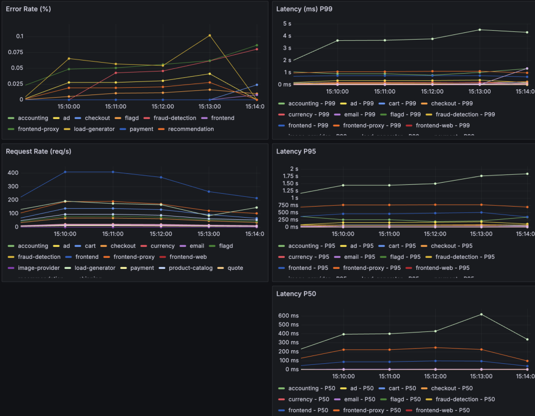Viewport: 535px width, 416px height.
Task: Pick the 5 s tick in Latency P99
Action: [287, 24]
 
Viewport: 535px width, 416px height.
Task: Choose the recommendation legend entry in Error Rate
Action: [191, 129]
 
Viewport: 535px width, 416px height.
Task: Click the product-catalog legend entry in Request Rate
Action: [181, 268]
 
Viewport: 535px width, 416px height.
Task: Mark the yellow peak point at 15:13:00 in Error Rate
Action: [210, 35]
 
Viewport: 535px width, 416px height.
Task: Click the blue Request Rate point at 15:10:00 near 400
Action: [65, 172]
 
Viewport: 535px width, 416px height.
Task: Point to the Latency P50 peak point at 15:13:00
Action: [481, 314]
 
